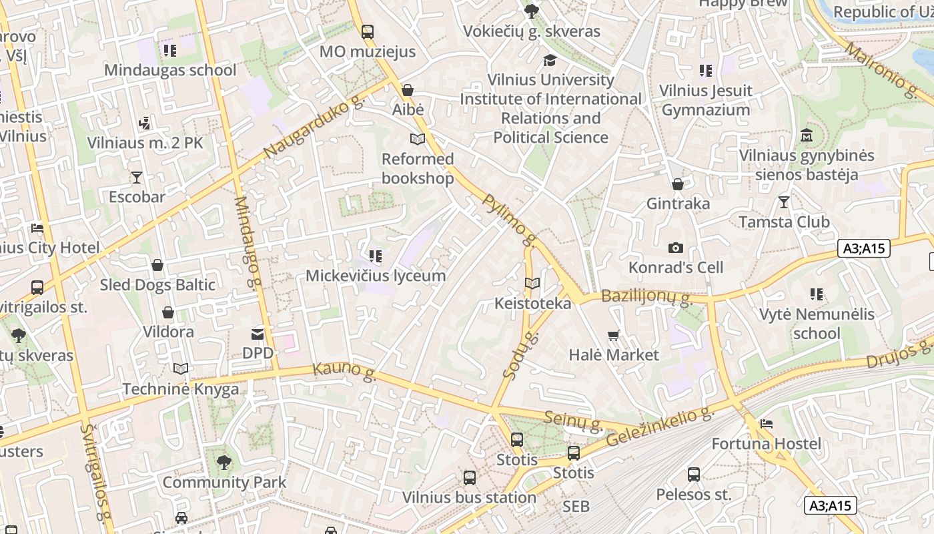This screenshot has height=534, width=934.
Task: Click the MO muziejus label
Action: (367, 51)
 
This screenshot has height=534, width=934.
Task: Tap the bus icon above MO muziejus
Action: (367, 31)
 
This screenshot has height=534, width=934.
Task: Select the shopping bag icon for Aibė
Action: (408, 89)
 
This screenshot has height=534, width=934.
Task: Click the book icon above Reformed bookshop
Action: (418, 139)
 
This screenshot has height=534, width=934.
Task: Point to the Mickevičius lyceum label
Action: (375, 276)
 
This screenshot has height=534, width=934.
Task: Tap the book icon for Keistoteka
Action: (532, 284)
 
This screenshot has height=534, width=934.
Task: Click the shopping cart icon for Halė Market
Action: (614, 335)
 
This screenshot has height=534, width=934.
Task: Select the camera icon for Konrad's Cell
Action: (676, 248)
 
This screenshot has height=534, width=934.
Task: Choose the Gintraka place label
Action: (678, 204)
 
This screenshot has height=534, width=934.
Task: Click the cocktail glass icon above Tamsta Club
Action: (784, 202)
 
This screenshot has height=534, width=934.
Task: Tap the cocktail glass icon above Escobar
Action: (137, 177)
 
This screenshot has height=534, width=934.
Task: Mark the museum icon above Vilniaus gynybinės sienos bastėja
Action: (807, 135)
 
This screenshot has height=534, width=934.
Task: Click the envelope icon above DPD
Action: (258, 333)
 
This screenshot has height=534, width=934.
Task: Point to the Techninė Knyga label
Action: (180, 389)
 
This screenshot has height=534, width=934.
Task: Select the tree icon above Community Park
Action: (224, 462)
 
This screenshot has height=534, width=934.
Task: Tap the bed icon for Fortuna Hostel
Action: (767, 424)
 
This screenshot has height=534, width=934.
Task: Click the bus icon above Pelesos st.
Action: (694, 475)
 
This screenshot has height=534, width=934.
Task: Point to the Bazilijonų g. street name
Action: (646, 297)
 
